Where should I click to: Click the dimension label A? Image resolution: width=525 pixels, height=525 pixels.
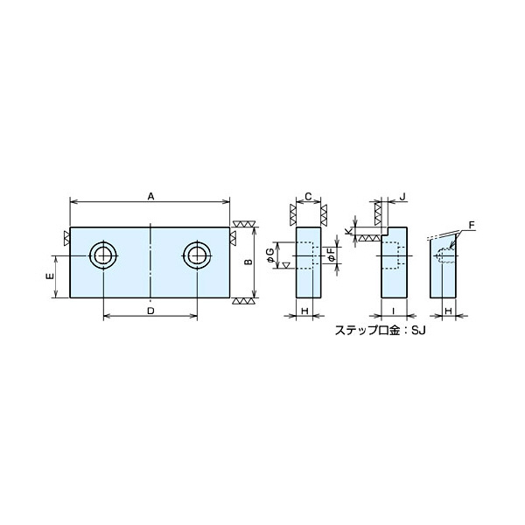(151, 197)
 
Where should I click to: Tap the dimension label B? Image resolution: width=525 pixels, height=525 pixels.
(248, 262)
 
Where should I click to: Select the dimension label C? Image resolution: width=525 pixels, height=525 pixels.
(309, 197)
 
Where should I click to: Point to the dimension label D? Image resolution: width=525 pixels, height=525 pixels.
(151, 311)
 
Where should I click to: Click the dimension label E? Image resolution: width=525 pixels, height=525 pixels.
(51, 276)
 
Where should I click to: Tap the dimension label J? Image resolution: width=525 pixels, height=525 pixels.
(402, 197)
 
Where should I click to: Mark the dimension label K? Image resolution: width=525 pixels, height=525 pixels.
(348, 231)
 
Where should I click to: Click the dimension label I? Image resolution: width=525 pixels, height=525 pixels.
(394, 311)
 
